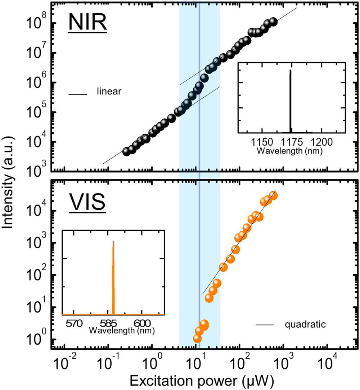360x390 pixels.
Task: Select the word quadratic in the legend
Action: click(305, 324)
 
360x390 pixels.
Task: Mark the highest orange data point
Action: click(273, 195)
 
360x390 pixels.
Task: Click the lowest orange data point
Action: click(197, 338)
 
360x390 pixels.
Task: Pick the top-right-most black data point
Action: click(273, 22)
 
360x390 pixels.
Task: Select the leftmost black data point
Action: click(126, 151)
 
